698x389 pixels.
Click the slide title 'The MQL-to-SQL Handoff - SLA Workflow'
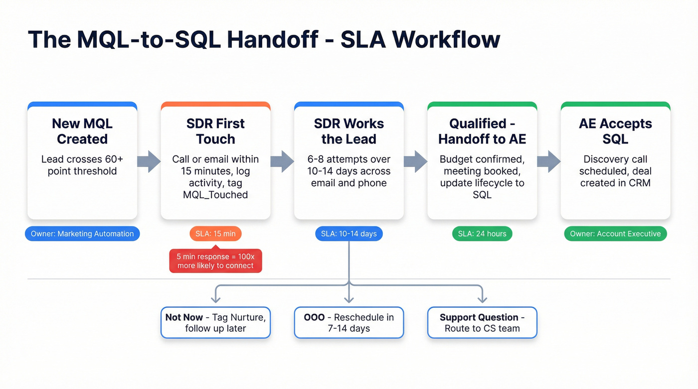click(264, 39)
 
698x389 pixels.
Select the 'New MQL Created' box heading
click(82, 131)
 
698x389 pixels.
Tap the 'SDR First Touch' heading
click(215, 131)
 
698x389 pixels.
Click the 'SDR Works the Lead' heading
click(349, 131)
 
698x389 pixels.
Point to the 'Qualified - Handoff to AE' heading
click(482, 131)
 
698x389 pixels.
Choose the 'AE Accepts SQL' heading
click(615, 131)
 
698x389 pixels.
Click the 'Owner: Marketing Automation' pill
click(82, 234)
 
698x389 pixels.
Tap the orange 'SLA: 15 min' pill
click(215, 234)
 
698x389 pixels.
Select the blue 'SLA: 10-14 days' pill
click(349, 234)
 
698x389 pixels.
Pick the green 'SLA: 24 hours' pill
click(482, 234)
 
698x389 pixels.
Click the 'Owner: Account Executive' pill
click(615, 234)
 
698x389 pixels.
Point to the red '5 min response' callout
click(215, 261)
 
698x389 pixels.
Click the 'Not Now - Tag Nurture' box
click(215, 323)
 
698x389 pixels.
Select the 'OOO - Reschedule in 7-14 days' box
click(349, 323)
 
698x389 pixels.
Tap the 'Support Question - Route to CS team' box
click(482, 323)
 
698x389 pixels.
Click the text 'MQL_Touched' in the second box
click(215, 195)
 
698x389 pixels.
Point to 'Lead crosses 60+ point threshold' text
click(82, 165)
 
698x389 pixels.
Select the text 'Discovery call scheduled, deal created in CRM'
click(615, 171)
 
